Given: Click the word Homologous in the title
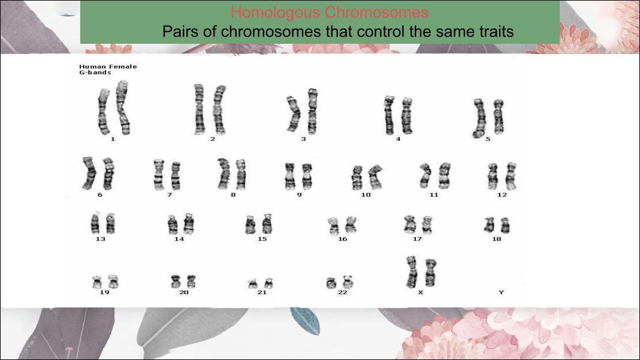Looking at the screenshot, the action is [x=276, y=13].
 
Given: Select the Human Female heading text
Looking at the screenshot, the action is [x=108, y=66].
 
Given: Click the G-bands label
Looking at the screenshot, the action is [x=95, y=72].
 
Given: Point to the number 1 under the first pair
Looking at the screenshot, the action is [x=113, y=139].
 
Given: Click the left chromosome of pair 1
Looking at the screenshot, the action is [x=103, y=111].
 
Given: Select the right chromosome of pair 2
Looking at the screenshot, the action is [x=219, y=110].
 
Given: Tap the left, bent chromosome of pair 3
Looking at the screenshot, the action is [x=294, y=114].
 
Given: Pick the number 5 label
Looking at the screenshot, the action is [x=488, y=139].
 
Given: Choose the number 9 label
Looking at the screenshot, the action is [x=299, y=195].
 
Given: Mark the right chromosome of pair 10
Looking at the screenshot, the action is [x=375, y=176].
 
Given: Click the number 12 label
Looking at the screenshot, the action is [x=502, y=195].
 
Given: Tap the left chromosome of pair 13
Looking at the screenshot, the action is [x=95, y=223].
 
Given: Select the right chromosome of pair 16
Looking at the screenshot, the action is [x=351, y=225].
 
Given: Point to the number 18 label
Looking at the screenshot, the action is [x=496, y=239].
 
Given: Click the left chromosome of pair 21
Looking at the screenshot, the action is [x=253, y=284].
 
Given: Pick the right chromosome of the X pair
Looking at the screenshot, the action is [x=430, y=273].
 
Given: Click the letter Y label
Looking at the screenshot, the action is [x=501, y=292].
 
